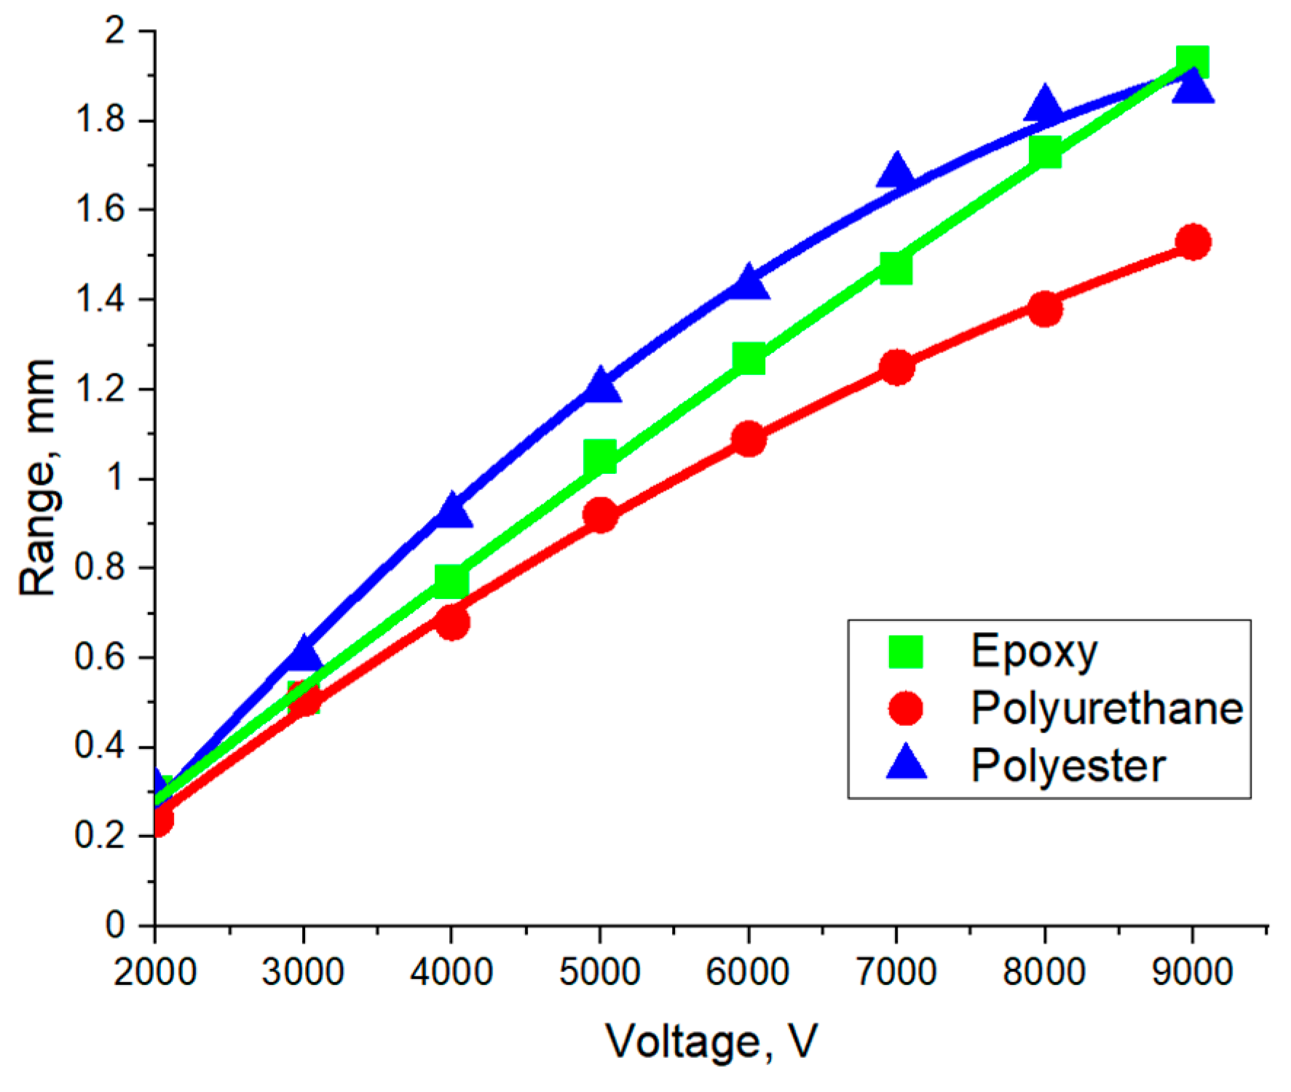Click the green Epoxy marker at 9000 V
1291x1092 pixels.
[1193, 62]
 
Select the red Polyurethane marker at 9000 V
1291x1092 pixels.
[1193, 242]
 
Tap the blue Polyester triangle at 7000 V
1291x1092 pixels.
[896, 173]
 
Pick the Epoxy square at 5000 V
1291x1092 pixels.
[600, 456]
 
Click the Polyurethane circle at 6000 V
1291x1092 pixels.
[749, 438]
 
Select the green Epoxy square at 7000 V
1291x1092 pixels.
[896, 268]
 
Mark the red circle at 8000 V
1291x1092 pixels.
[1045, 309]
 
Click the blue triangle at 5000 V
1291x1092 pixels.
[600, 387]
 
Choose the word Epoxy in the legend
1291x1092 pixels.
[1034, 652]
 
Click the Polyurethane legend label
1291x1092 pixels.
[1107, 708]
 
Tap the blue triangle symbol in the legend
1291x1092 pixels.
[907, 763]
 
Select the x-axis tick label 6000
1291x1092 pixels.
[748, 973]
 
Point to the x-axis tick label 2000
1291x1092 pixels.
[155, 973]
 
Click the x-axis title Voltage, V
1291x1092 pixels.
[711, 1042]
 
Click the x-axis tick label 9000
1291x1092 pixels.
[1192, 973]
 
